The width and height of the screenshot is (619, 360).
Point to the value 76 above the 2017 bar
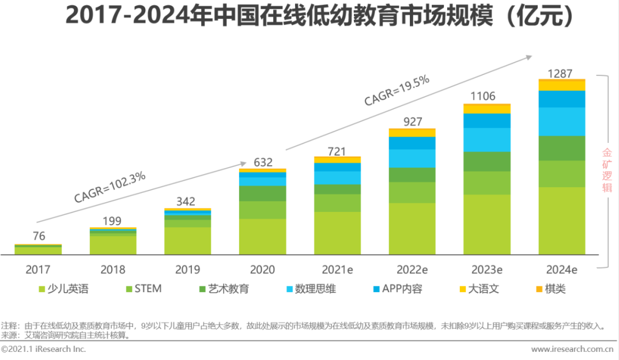[38, 236]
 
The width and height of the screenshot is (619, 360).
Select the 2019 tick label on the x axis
[187, 269]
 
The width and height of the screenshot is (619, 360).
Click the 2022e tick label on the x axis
[412, 269]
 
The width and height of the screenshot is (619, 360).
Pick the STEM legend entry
[143, 289]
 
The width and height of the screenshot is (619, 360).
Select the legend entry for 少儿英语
[63, 289]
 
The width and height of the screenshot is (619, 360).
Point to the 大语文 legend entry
[478, 289]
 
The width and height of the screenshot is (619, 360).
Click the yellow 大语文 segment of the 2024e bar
[562, 85]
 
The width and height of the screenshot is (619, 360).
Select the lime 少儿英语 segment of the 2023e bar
[487, 224]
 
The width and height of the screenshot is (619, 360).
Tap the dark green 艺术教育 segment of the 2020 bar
[262, 194]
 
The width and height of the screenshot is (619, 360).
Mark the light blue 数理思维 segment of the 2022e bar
[412, 158]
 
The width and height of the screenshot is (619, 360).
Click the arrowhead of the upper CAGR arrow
[527, 56]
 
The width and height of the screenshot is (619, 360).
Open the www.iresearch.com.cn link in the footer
[571, 349]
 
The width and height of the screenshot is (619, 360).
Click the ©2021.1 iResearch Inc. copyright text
[43, 349]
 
